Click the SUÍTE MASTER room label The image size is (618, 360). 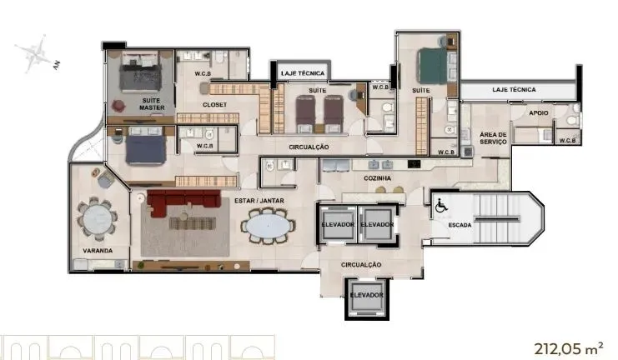pyautogui.click(x=151, y=104)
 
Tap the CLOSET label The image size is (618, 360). pyautogui.click(x=215, y=104)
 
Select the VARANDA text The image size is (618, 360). pyautogui.click(x=98, y=250)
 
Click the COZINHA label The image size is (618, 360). pyautogui.click(x=378, y=177)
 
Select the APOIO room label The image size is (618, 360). pyautogui.click(x=538, y=112)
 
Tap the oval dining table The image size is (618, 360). pyautogui.click(x=269, y=225)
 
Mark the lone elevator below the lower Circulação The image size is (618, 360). pyautogui.click(x=366, y=295)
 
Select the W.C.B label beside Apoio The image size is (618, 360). pyautogui.click(x=570, y=140)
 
